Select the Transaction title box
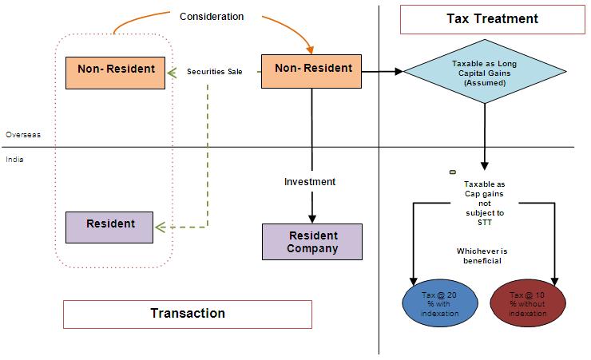coord(187,313)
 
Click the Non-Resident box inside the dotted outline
coord(116,69)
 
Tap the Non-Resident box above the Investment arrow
coord(312,69)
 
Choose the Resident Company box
coord(312,241)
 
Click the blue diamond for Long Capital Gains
coord(485,72)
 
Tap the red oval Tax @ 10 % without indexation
coord(528,302)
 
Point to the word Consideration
coord(212,16)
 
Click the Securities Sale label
coord(214,72)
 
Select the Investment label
coord(310,182)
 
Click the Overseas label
coord(22,135)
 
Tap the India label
coord(14,160)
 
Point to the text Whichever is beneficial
coord(482,256)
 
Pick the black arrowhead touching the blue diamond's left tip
coord(398,71)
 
